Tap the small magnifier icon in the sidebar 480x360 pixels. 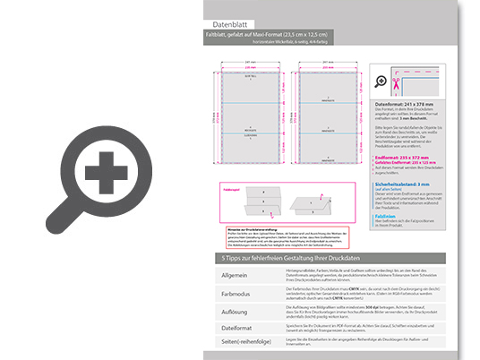coord(382,81)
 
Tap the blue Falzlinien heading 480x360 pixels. coord(386,215)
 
